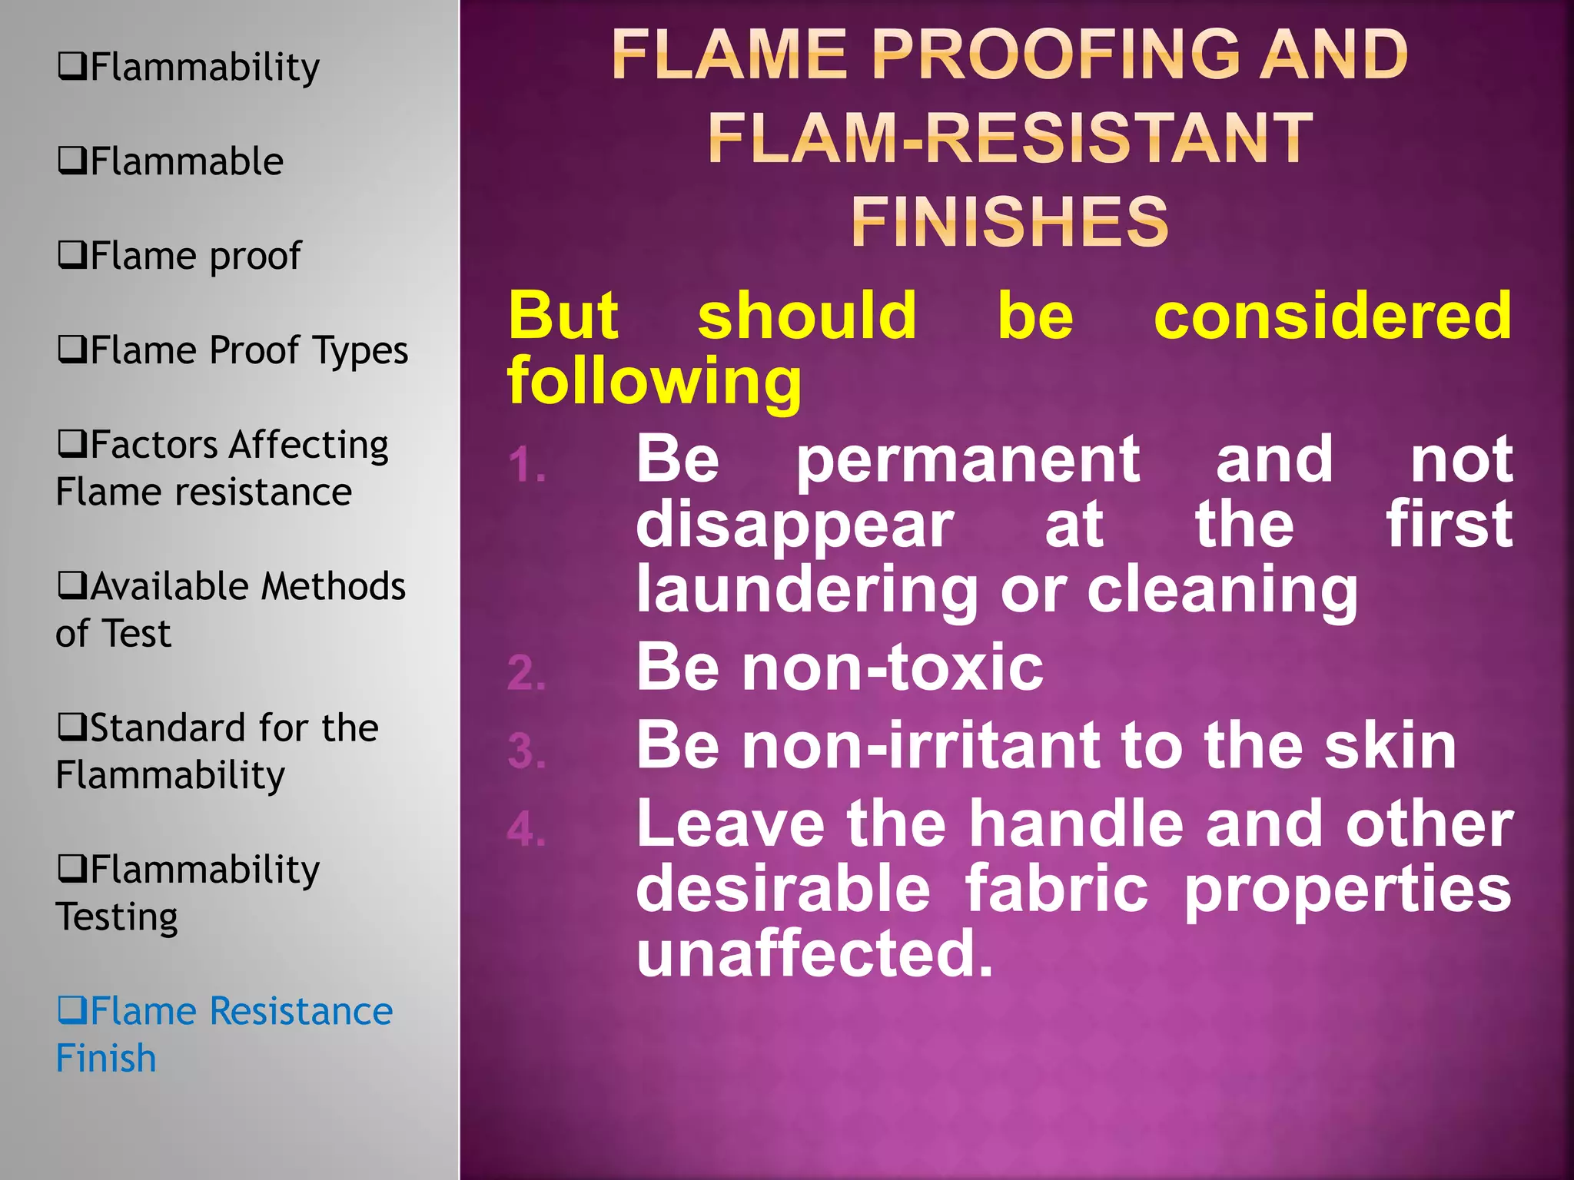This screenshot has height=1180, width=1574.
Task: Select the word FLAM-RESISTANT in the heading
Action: coord(1010,138)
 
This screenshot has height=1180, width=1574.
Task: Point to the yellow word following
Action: coord(655,381)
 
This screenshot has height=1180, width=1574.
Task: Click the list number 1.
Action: coord(527,466)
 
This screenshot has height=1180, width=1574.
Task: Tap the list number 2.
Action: coord(527,673)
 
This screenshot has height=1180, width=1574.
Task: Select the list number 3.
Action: coord(527,751)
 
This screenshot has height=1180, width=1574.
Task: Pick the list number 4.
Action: coord(527,830)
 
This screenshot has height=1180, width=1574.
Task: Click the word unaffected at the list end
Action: coord(815,953)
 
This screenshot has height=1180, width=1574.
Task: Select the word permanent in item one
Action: coord(968,459)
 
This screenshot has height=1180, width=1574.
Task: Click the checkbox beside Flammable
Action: coord(72,161)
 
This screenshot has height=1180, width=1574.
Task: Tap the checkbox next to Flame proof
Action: coord(72,255)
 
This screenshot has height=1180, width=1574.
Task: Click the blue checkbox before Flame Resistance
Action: coord(72,1010)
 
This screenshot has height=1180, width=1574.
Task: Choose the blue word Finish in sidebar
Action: coord(106,1058)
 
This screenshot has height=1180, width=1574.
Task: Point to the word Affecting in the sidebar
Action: coord(309,445)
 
